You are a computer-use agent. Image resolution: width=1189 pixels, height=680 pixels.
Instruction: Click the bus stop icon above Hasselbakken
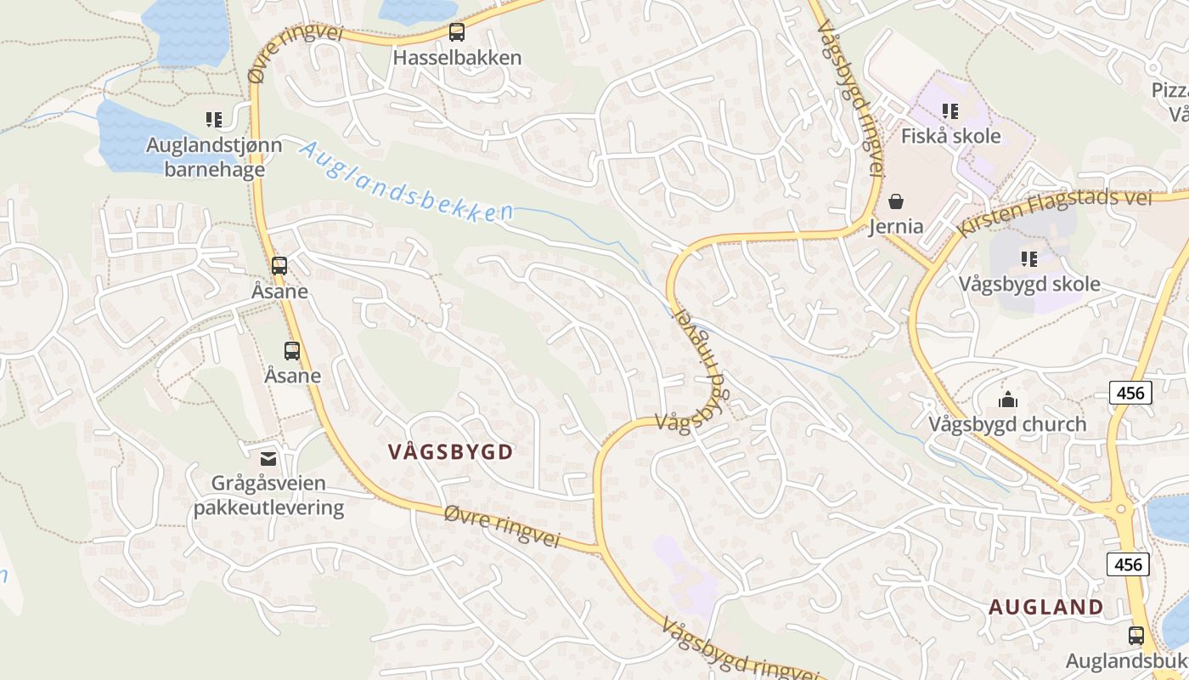[x=457, y=33]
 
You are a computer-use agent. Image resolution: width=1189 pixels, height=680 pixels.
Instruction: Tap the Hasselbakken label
[x=457, y=58]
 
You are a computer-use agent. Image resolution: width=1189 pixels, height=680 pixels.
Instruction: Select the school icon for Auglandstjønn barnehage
[x=213, y=120]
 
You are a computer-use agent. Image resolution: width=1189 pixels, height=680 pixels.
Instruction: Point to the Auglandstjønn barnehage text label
[x=214, y=157]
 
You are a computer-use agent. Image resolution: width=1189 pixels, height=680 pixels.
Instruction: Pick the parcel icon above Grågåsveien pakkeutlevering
[x=268, y=459]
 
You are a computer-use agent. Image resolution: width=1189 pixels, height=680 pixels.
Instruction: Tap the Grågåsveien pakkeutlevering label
[x=268, y=496]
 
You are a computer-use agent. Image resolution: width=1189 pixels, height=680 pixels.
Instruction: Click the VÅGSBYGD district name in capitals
[x=450, y=452]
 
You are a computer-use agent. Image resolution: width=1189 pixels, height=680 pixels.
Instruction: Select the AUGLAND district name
[x=1046, y=607]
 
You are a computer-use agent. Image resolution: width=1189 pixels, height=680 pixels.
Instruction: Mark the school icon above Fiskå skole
[x=950, y=111]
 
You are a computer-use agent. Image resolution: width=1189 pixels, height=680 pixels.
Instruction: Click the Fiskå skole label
[x=950, y=136]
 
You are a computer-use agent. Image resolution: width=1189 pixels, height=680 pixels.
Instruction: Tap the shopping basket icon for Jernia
[x=896, y=201]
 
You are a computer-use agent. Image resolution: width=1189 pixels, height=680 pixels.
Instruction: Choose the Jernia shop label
[x=896, y=226]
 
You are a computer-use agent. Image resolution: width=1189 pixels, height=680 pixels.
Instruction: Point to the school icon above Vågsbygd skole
[x=1029, y=259]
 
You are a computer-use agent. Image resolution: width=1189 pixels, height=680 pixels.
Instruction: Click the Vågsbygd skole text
[x=1029, y=284]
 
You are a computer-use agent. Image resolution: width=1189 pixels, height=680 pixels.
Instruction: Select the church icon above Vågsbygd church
[x=1008, y=399]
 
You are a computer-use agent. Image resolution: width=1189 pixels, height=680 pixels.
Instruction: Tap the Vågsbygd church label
[x=1007, y=424]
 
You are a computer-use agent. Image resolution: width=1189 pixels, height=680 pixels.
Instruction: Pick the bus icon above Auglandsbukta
[x=1135, y=636]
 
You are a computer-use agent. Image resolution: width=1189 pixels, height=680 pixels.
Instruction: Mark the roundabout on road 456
[x=1122, y=510]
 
